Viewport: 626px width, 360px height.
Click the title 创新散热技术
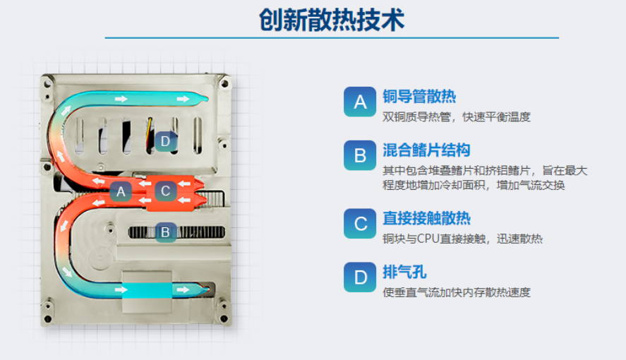coord(332,19)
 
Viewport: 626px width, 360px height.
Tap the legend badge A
coord(360,102)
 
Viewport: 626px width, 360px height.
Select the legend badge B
coord(360,155)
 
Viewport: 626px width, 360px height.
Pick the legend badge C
coord(360,224)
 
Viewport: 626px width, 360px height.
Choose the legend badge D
coord(360,277)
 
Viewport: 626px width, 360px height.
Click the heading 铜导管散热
coord(419,96)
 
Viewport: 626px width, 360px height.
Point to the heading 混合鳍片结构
coord(426,150)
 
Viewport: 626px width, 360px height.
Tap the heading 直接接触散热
coord(426,218)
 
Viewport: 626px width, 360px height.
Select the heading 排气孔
coord(404,272)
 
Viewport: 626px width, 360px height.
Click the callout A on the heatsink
coord(121,192)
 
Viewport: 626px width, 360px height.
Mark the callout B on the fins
coord(165,232)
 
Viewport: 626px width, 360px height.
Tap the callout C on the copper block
coord(165,191)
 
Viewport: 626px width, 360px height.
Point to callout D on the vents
coord(165,141)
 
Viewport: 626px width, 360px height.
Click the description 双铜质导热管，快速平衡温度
coord(457,117)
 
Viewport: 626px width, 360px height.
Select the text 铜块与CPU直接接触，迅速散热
coord(462,239)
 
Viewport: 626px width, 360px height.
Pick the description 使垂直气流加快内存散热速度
coord(457,292)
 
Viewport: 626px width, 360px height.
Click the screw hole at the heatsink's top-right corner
coord(224,84)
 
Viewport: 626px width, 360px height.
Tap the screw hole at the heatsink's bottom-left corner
coord(47,319)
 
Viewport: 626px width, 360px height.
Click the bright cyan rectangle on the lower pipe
coord(147,289)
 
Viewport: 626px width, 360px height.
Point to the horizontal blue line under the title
coord(332,38)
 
